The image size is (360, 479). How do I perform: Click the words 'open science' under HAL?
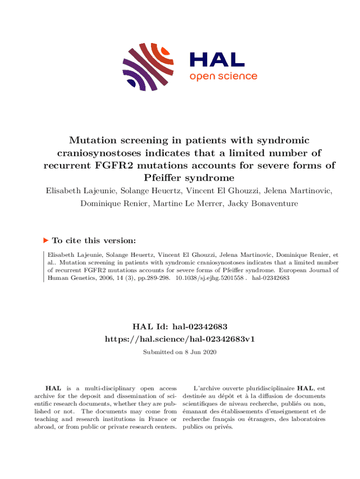click(x=223, y=76)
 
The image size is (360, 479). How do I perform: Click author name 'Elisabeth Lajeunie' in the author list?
click(x=82, y=190)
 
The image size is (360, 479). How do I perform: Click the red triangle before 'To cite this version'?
click(x=45, y=240)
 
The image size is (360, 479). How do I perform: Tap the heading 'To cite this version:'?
click(x=94, y=240)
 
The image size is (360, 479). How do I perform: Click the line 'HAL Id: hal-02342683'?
click(x=180, y=326)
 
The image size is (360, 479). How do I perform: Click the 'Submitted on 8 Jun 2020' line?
click(x=180, y=352)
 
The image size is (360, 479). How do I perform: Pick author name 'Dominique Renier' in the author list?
click(x=107, y=203)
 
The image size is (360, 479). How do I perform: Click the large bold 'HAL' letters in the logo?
click(x=216, y=59)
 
